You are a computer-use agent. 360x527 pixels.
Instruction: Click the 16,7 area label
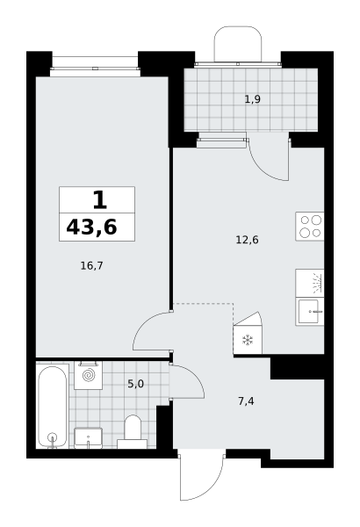pos(92,266)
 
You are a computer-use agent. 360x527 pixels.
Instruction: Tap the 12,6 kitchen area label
pos(247,240)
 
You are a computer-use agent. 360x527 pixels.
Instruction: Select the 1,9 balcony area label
pos(252,99)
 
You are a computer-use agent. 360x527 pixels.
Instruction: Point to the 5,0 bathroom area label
pos(135,384)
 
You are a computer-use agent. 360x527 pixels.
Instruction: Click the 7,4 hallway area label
pos(246,401)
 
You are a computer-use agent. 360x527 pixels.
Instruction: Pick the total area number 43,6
pos(92,227)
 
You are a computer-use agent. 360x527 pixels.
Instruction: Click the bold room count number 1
pos(100,200)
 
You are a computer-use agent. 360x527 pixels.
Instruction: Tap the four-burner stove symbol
pos(310,227)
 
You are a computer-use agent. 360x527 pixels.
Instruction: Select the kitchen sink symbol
pos(310,312)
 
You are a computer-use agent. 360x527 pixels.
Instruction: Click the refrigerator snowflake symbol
pos(248,340)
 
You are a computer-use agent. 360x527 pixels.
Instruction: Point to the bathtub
pos(52,407)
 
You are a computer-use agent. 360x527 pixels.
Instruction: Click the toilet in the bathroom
pos(133,432)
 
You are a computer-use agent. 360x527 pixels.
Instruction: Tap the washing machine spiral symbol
pos(89,375)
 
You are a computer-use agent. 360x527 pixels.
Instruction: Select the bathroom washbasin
pos(88,438)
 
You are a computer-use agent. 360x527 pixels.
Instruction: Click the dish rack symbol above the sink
pos(310,283)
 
